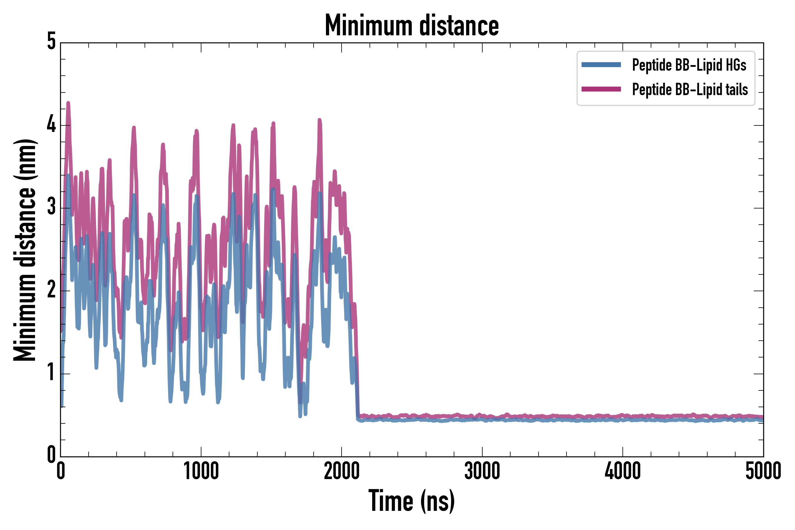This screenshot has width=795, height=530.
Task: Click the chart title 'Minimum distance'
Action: pyautogui.click(x=411, y=26)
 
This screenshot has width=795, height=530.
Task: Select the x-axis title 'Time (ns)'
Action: pyautogui.click(x=411, y=501)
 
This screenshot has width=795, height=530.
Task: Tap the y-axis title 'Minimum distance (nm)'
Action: pyautogui.click(x=25, y=250)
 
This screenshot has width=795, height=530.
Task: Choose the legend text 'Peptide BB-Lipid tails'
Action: pyautogui.click(x=690, y=90)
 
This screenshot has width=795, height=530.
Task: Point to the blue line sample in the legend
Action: pyautogui.click(x=601, y=65)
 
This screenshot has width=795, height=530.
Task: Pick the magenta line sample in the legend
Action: pyautogui.click(x=601, y=89)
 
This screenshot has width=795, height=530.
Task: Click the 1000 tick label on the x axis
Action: pyautogui.click(x=201, y=471)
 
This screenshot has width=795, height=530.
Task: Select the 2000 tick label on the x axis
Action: pyautogui.click(x=341, y=471)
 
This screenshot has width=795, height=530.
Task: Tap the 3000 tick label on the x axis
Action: pyautogui.click(x=482, y=471)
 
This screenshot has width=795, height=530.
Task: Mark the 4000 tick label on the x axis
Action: pyautogui.click(x=623, y=471)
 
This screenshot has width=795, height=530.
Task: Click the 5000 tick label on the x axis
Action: pyautogui.click(x=763, y=471)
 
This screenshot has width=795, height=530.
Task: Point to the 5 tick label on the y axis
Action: pyautogui.click(x=51, y=42)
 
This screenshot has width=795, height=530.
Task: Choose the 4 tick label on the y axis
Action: pyautogui.click(x=51, y=124)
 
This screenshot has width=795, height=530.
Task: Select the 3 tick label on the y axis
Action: pyautogui.click(x=51, y=207)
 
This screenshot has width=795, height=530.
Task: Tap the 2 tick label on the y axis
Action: pyautogui.click(x=51, y=290)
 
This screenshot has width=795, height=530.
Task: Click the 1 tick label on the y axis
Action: pyautogui.click(x=51, y=373)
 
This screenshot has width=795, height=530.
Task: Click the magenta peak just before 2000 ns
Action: pyautogui.click(x=319, y=120)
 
